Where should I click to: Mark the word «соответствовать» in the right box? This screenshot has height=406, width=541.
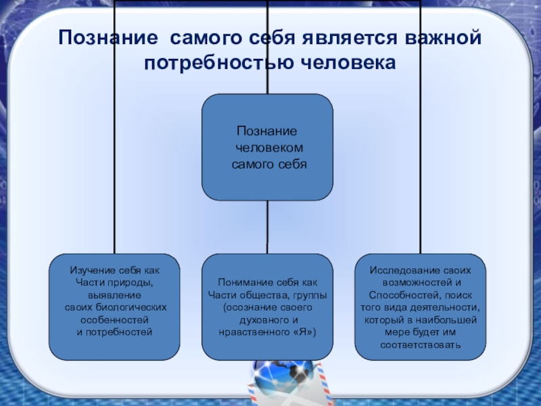click(x=420, y=344)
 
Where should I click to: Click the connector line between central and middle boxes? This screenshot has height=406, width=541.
click(x=267, y=227)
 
